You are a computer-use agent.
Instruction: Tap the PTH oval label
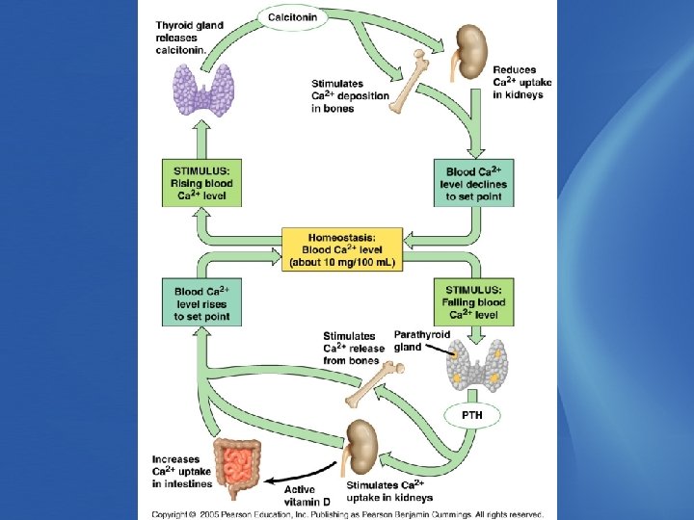[471, 415]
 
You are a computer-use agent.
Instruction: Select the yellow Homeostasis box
[342, 248]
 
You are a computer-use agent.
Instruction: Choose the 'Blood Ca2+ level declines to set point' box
[473, 184]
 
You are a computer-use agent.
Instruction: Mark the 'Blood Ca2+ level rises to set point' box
[201, 301]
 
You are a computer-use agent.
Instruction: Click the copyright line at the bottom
[347, 514]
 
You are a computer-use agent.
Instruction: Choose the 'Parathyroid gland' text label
[421, 341]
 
